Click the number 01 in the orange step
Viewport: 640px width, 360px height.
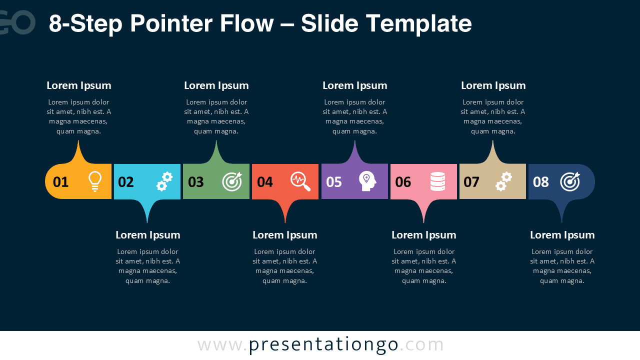click(60, 182)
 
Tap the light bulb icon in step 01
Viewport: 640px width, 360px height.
click(94, 181)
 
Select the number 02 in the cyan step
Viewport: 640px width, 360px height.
click(126, 182)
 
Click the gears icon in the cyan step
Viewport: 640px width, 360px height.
click(164, 181)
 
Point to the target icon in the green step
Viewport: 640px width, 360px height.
click(232, 181)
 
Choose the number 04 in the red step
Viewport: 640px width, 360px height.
click(265, 182)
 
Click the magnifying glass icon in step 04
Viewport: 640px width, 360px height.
click(300, 181)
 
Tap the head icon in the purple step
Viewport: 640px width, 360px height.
click(367, 181)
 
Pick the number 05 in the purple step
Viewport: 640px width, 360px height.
click(334, 182)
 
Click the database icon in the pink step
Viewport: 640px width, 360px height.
click(437, 181)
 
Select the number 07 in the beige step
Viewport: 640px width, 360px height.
click(471, 182)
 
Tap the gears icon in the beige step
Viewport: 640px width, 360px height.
click(503, 181)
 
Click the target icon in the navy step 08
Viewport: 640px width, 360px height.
click(570, 181)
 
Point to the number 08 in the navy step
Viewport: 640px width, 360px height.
click(541, 182)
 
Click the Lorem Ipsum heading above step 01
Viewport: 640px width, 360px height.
click(79, 85)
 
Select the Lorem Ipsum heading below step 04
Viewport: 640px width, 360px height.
click(285, 235)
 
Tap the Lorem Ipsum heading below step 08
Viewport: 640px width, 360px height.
click(562, 235)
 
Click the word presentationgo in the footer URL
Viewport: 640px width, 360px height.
click(323, 344)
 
